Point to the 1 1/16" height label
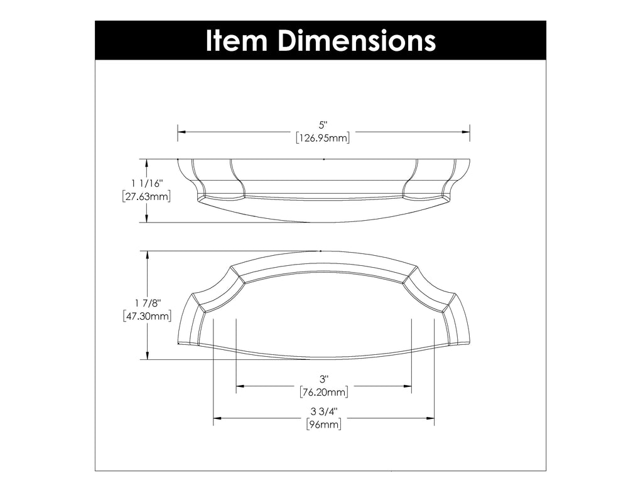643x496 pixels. coord(147,184)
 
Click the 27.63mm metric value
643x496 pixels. coord(147,196)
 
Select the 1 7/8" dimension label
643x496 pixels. coord(147,303)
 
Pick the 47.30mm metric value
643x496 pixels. coord(147,317)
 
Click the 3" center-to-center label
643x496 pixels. coord(324,379)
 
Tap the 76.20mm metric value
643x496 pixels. coord(324,393)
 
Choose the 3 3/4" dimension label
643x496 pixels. coord(324,412)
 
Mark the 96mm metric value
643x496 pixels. coord(324,425)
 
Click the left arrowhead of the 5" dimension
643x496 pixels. coord(181,132)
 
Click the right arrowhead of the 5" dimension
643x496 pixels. coord(467,132)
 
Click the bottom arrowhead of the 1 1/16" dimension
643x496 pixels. coord(147,218)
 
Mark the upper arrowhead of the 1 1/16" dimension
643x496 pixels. coord(147,163)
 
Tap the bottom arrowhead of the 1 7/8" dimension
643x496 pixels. coord(147,356)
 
